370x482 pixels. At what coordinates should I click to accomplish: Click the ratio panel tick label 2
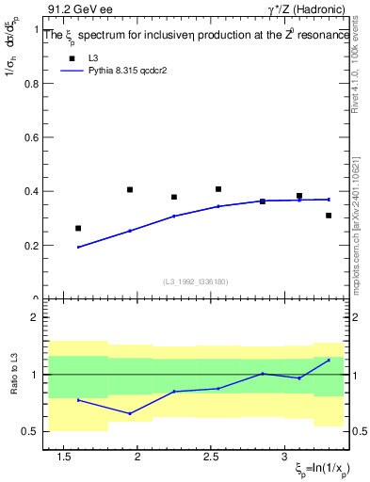coord(38,317)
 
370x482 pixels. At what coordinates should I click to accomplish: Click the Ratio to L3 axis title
coord(12,375)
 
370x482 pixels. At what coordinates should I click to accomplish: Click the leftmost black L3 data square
coord(78,228)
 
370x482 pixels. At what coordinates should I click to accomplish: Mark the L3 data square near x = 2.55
coord(218,189)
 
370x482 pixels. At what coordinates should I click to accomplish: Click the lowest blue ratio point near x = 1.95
coord(130,413)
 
